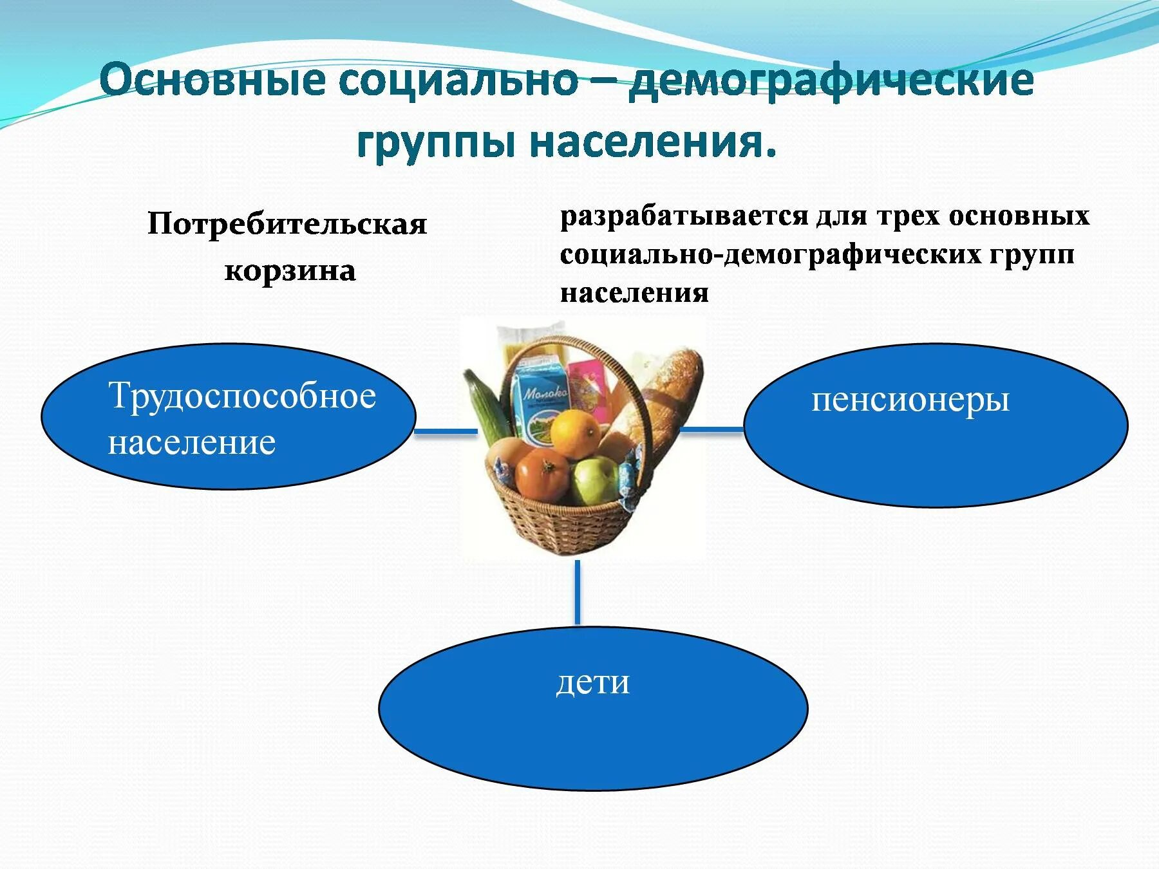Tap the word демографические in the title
pos(831,82)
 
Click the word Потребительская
pos(287,225)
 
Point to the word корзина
pos(290,271)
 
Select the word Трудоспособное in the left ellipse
pos(242,396)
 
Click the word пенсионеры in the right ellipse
pos(910,400)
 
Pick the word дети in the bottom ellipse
pos(592,682)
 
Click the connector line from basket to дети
pos(577,592)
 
